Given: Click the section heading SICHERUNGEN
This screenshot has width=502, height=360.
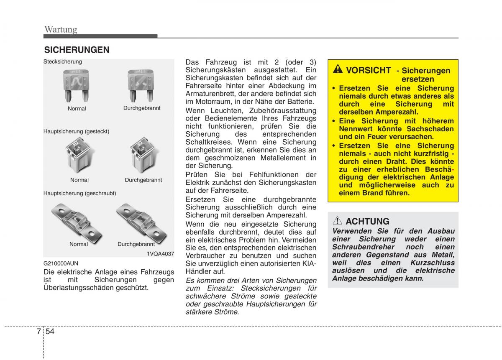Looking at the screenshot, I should tap(77, 50).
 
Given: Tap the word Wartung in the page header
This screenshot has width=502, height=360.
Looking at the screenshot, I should tap(61, 29).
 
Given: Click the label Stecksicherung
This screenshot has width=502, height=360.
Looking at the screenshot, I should tap(63, 62).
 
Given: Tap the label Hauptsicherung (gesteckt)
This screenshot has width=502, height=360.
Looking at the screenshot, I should tap(76, 131).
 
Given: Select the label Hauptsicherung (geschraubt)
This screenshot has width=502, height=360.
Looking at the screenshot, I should tap(79, 194).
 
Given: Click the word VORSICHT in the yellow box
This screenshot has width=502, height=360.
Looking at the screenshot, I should tap(369, 70).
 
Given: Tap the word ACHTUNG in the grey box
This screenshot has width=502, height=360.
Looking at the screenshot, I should tap(368, 221).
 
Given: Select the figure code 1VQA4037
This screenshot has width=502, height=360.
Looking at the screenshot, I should tap(160, 254).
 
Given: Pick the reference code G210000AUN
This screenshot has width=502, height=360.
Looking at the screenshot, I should tap(60, 264).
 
